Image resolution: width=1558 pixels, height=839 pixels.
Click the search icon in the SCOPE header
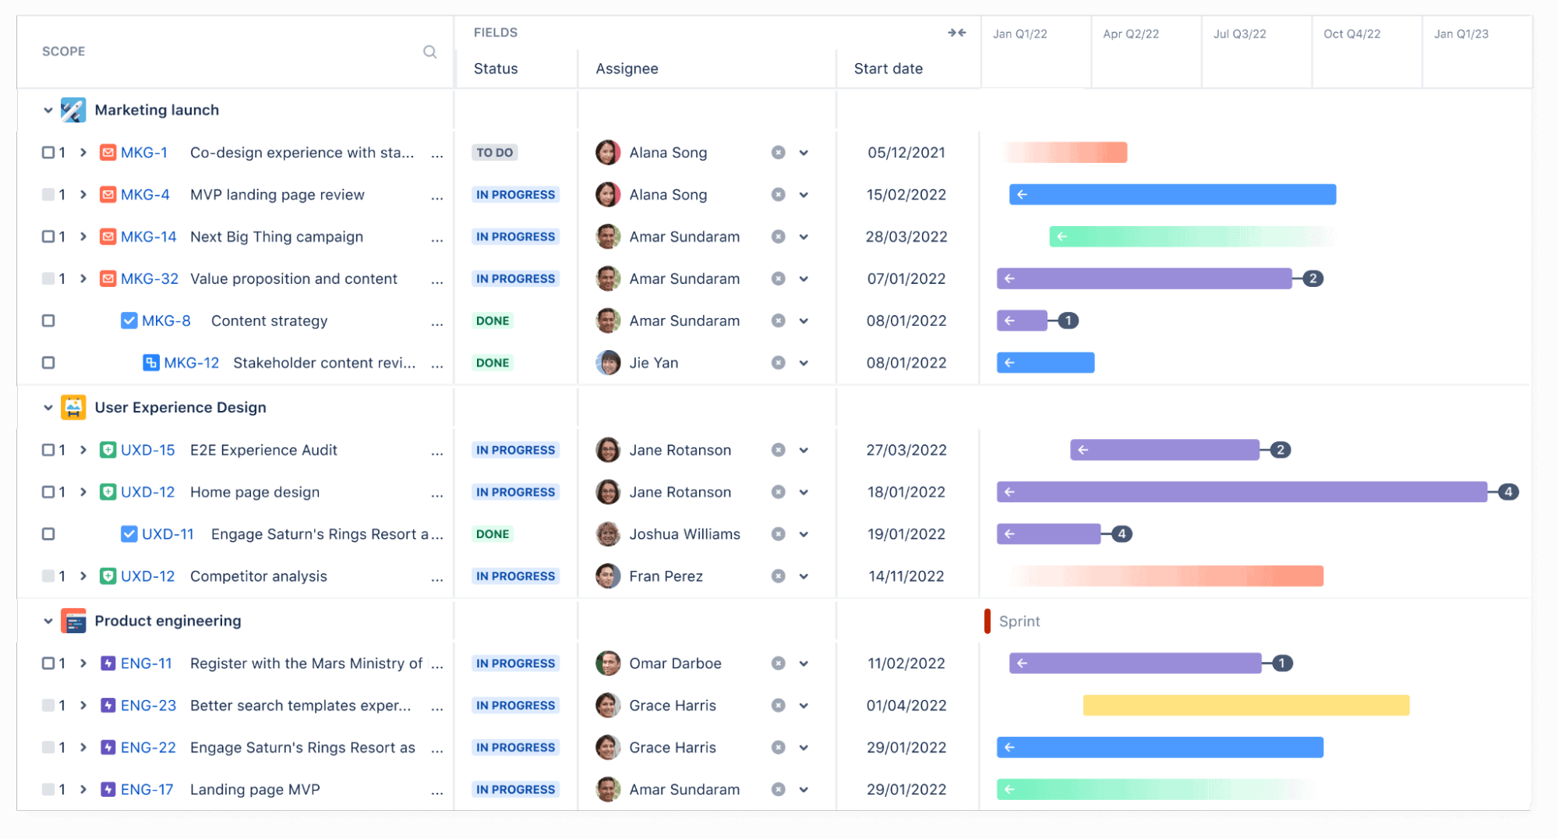click(x=429, y=52)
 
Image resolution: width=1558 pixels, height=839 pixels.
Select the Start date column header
click(x=888, y=69)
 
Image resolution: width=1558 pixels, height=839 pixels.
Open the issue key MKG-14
click(x=148, y=237)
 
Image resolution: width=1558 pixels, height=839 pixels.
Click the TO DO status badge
click(x=494, y=153)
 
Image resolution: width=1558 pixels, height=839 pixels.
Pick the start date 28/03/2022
click(x=906, y=237)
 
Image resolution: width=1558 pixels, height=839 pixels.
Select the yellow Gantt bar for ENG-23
click(x=1245, y=706)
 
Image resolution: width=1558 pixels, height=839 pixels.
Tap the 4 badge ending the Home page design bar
click(x=1508, y=492)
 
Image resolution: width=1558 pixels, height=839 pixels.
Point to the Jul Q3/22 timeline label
click(x=1239, y=34)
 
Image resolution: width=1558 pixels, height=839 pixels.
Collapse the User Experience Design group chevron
click(x=48, y=408)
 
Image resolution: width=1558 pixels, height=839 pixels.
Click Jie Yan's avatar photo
click(x=608, y=363)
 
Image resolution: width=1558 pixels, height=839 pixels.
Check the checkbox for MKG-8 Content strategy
click(x=48, y=321)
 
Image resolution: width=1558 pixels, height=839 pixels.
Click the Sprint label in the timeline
click(x=1019, y=621)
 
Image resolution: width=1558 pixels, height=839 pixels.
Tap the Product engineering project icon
click(x=73, y=621)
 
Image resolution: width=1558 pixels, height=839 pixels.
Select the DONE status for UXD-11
click(x=493, y=534)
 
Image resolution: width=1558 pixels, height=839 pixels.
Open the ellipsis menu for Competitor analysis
click(x=437, y=578)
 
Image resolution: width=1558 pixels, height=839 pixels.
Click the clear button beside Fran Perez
click(x=778, y=576)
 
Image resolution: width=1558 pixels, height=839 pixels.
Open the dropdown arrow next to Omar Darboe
click(x=804, y=664)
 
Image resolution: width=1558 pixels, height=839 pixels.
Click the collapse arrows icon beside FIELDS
click(x=956, y=33)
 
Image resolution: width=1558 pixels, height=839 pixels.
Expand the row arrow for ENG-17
click(x=83, y=790)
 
